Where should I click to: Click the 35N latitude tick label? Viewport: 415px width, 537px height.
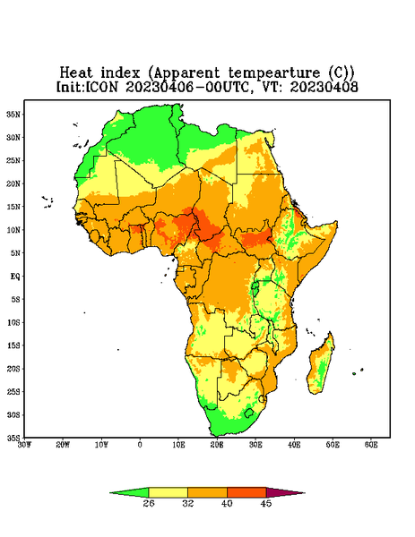point(13,114)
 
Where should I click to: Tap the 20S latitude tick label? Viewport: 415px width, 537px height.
point(13,369)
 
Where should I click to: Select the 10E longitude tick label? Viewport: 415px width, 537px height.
point(178,445)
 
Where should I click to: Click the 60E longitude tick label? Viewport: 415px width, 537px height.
point(371,445)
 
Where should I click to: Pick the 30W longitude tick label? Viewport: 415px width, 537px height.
point(24,445)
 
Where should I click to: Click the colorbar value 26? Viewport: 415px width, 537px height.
point(149,503)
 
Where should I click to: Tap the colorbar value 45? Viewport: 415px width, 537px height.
point(266,503)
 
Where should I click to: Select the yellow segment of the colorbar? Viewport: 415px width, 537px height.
point(168,492)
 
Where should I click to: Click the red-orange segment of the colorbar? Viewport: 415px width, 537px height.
point(246,492)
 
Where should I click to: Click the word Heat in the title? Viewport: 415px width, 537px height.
point(76,73)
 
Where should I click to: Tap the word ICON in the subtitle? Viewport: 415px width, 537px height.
point(102,87)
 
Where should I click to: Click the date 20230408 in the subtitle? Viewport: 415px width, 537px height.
point(324,87)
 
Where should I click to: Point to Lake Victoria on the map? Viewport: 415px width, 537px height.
point(255,288)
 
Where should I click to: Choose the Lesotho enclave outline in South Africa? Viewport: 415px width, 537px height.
point(249,413)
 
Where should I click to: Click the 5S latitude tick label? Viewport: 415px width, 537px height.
point(14,299)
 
